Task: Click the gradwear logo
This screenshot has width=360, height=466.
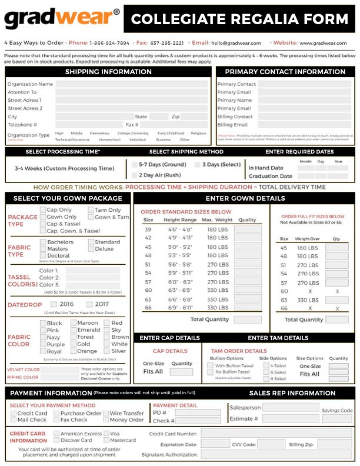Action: (62, 19)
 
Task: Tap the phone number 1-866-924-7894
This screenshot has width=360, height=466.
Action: (109, 43)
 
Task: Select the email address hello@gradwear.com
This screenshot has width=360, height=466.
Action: (236, 43)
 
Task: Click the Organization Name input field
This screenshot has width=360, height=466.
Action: (131, 84)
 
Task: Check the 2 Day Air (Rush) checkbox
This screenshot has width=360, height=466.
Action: (135, 175)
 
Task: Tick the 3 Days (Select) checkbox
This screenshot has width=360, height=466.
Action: (198, 165)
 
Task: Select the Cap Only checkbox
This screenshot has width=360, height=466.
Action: (43, 210)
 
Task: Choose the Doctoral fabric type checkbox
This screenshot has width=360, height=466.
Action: (43, 256)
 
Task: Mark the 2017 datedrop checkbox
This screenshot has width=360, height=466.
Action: (89, 304)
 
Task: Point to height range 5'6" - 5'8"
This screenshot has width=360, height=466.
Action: (180, 265)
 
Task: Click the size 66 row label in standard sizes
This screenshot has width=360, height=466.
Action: (148, 308)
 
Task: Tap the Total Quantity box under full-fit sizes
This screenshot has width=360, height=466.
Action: (337, 319)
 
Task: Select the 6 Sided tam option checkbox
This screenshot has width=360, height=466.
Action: (266, 372)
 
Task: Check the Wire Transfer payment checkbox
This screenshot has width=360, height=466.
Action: (106, 414)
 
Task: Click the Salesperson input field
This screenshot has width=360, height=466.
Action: (290, 407)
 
